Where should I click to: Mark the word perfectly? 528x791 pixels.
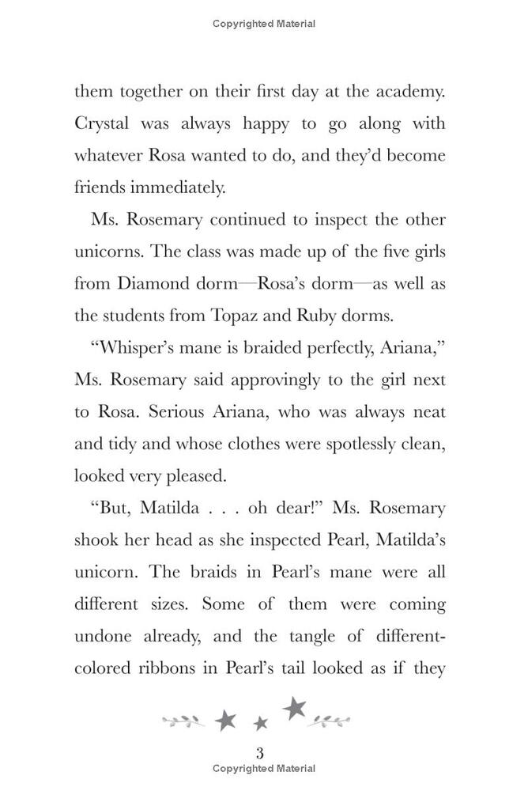coord(341,348)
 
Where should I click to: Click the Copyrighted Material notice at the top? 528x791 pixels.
coord(264,24)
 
